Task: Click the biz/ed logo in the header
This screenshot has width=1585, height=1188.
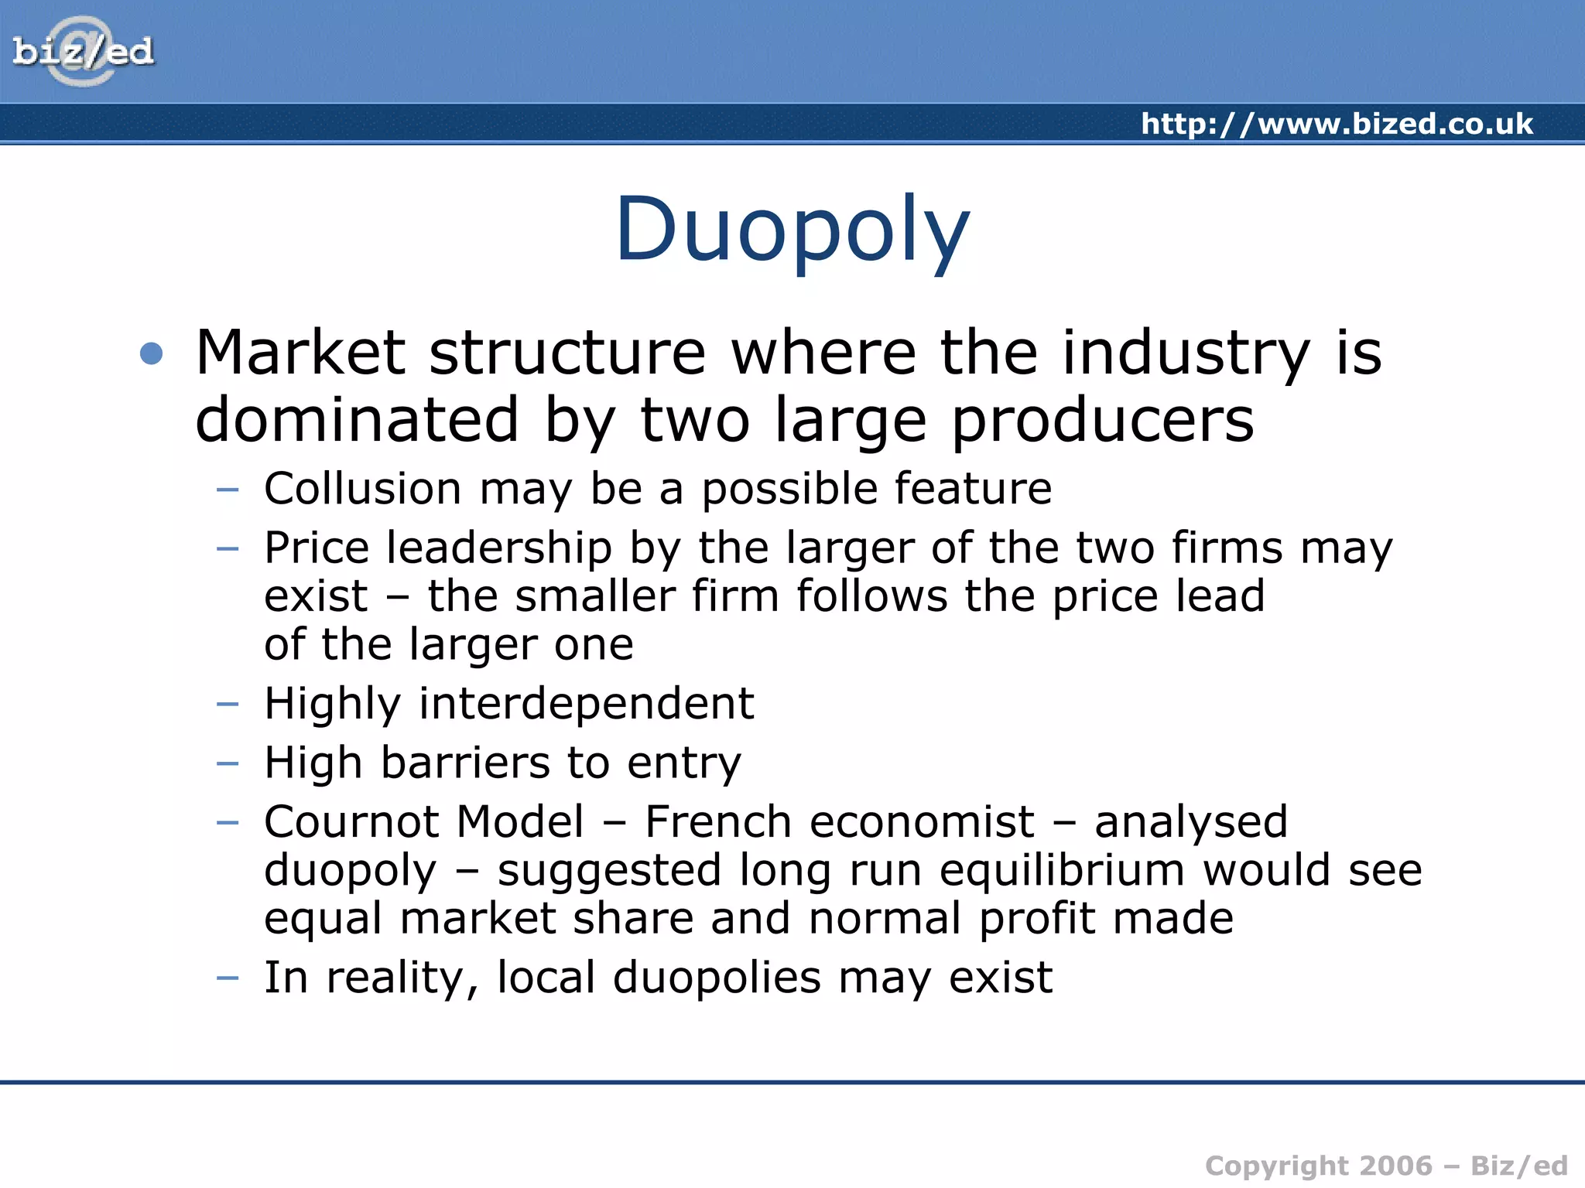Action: coord(83,52)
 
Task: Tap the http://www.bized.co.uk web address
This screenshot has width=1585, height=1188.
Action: coord(1337,124)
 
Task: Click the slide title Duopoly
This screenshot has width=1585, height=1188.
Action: coord(792,230)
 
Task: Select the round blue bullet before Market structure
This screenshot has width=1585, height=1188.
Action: coord(152,353)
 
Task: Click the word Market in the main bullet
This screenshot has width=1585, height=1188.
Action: coord(300,353)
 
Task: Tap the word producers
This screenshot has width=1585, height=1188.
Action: coord(1102,420)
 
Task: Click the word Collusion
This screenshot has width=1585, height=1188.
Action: coord(363,489)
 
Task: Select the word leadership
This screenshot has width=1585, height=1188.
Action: coord(499,548)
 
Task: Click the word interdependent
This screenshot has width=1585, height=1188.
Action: coord(586,703)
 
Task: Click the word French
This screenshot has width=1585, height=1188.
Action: coord(717,821)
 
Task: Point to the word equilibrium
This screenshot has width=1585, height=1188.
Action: coord(1062,870)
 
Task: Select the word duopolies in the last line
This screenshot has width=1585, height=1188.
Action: coord(717,978)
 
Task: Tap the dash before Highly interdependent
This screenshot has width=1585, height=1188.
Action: coord(228,704)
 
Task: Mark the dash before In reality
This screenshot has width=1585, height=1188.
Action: coord(228,978)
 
